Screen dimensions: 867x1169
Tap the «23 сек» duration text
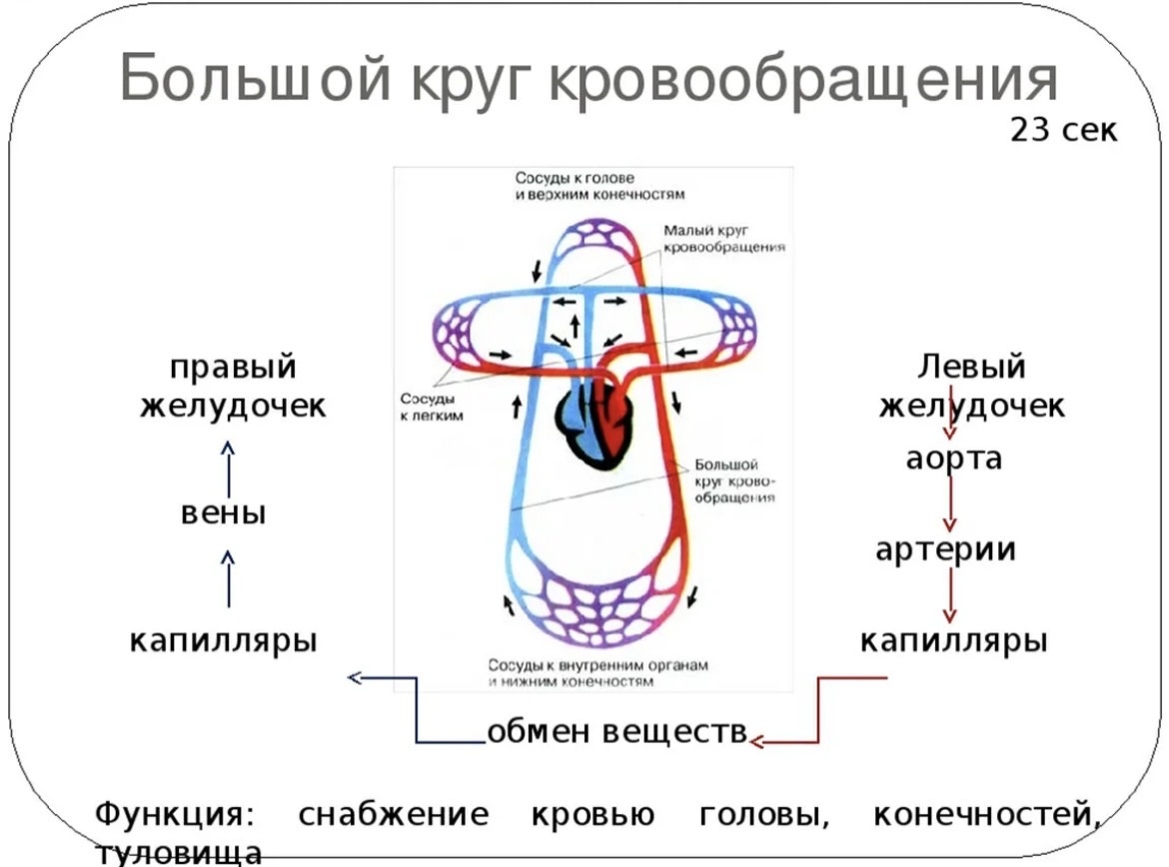(x=1063, y=131)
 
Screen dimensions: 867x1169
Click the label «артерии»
(x=946, y=549)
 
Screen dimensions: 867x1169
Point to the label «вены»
(x=224, y=514)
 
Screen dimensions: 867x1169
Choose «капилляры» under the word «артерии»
(x=954, y=639)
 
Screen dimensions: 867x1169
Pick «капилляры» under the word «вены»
(x=224, y=639)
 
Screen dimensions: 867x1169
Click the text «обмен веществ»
(x=617, y=731)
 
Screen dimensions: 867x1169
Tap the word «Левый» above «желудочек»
(x=971, y=367)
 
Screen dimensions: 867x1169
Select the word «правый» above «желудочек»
(x=233, y=367)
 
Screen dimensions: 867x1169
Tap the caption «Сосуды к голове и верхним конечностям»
(x=600, y=186)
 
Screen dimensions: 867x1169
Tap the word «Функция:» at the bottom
(x=175, y=814)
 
